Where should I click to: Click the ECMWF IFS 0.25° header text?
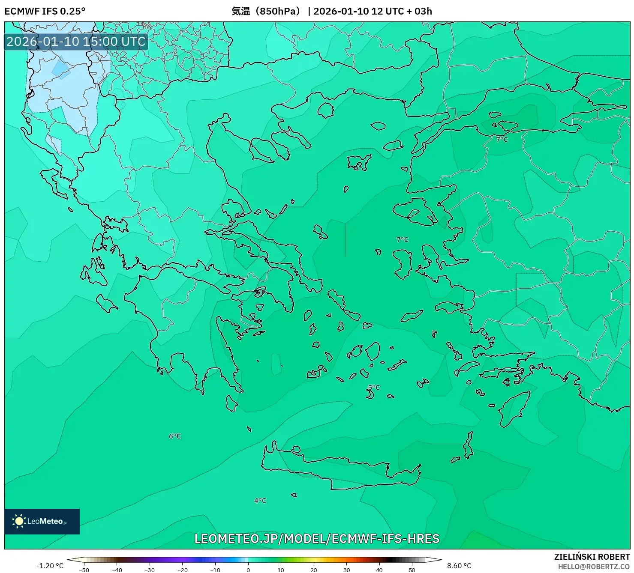coord(45,11)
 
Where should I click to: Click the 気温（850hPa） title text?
coord(266,11)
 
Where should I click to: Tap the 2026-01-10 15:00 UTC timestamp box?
coord(76,42)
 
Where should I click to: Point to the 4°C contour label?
coord(260,500)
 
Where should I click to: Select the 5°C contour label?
coord(374,387)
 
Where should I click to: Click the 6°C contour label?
coord(175,436)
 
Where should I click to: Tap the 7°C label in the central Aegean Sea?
coord(403,239)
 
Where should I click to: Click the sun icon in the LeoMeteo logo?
coord(19,521)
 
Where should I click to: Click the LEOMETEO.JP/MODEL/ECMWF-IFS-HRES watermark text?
coord(317,538)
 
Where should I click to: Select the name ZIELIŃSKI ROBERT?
coord(592,557)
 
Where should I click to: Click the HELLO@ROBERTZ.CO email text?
coord(594,567)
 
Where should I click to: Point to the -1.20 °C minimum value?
coord(50,566)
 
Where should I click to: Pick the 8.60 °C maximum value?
coord(459,566)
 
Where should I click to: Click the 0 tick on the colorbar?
coord(248,570)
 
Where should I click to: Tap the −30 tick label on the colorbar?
coord(149,570)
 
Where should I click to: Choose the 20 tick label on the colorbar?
coord(314,570)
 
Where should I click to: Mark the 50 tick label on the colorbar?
coord(412,570)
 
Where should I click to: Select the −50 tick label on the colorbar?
coord(84,570)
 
